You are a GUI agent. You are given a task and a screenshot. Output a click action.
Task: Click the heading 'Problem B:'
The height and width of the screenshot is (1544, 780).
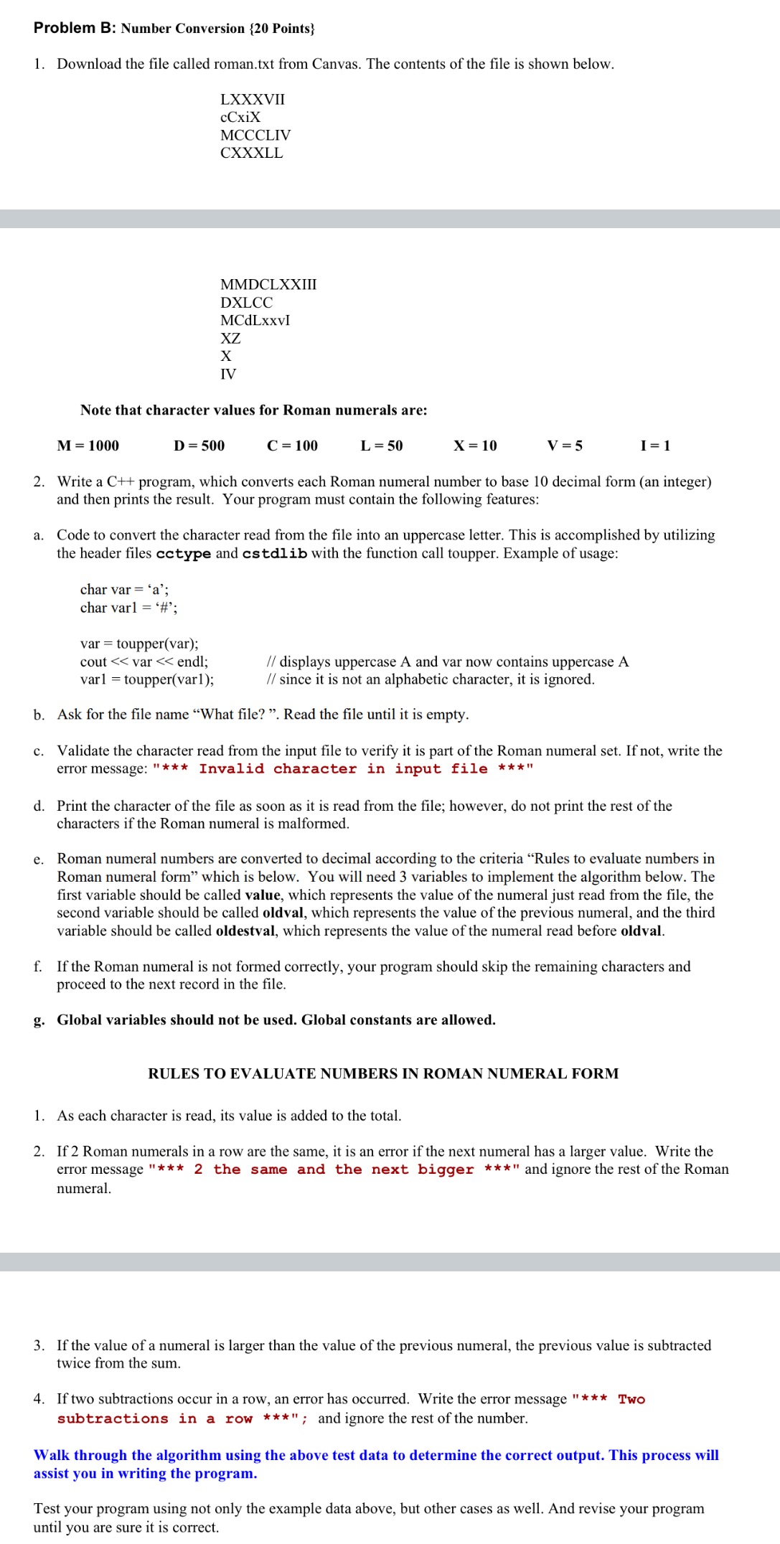[75, 28]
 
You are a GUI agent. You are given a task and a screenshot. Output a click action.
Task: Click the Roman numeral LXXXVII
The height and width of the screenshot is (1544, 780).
[252, 99]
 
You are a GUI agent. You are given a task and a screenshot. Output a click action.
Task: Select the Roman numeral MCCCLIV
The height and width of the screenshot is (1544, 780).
[255, 135]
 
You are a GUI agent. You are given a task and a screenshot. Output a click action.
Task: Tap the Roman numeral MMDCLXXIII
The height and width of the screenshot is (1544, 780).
[268, 284]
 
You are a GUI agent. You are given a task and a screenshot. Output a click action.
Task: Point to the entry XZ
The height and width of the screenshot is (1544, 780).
[230, 338]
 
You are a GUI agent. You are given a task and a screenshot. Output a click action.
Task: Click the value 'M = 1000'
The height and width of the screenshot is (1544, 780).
[88, 446]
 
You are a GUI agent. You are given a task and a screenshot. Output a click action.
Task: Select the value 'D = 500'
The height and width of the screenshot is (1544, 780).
[199, 446]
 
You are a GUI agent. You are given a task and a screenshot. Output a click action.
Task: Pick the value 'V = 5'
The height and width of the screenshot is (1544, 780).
[565, 446]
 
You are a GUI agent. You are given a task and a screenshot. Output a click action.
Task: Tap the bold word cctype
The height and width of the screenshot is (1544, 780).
[184, 553]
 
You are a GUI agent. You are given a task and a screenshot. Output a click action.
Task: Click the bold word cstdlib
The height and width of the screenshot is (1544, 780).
[275, 553]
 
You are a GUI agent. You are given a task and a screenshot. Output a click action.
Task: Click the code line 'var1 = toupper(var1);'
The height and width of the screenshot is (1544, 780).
[147, 679]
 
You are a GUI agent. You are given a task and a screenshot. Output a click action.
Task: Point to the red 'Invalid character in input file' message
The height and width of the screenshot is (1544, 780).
[343, 769]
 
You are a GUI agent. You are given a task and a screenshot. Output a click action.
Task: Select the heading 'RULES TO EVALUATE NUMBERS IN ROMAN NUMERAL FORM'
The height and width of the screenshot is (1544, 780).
[383, 1073]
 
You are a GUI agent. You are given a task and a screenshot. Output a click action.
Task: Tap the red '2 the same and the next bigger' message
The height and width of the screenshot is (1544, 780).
[334, 1169]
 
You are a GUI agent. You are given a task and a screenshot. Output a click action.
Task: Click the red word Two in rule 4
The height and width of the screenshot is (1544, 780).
[631, 1399]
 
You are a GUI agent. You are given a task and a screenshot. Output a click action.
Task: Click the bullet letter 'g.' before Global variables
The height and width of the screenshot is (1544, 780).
[39, 1020]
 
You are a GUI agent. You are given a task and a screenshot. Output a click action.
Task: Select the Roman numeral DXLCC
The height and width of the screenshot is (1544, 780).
[246, 302]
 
